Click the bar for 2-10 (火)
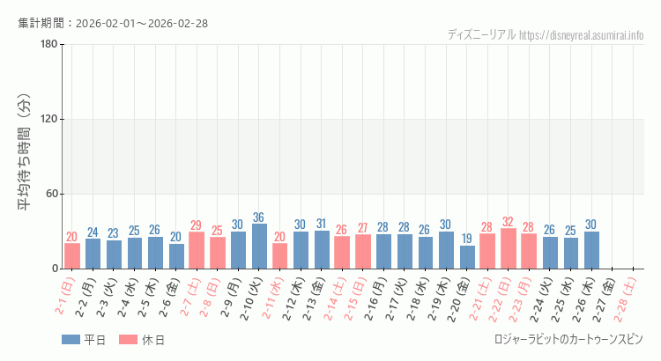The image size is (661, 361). [259, 247]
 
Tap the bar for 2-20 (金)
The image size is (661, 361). [467, 257]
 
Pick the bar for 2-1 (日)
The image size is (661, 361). [72, 256]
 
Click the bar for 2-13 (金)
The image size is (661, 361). [322, 249]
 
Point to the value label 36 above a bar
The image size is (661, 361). [259, 217]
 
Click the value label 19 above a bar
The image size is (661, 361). [467, 239]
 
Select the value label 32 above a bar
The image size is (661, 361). [509, 222]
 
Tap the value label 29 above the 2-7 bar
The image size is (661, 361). [197, 225]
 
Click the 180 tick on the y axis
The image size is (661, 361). [49, 45]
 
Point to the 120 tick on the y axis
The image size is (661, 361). [49, 120]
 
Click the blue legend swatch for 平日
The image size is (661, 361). [71, 340]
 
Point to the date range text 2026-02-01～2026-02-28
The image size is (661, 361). [142, 23]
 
